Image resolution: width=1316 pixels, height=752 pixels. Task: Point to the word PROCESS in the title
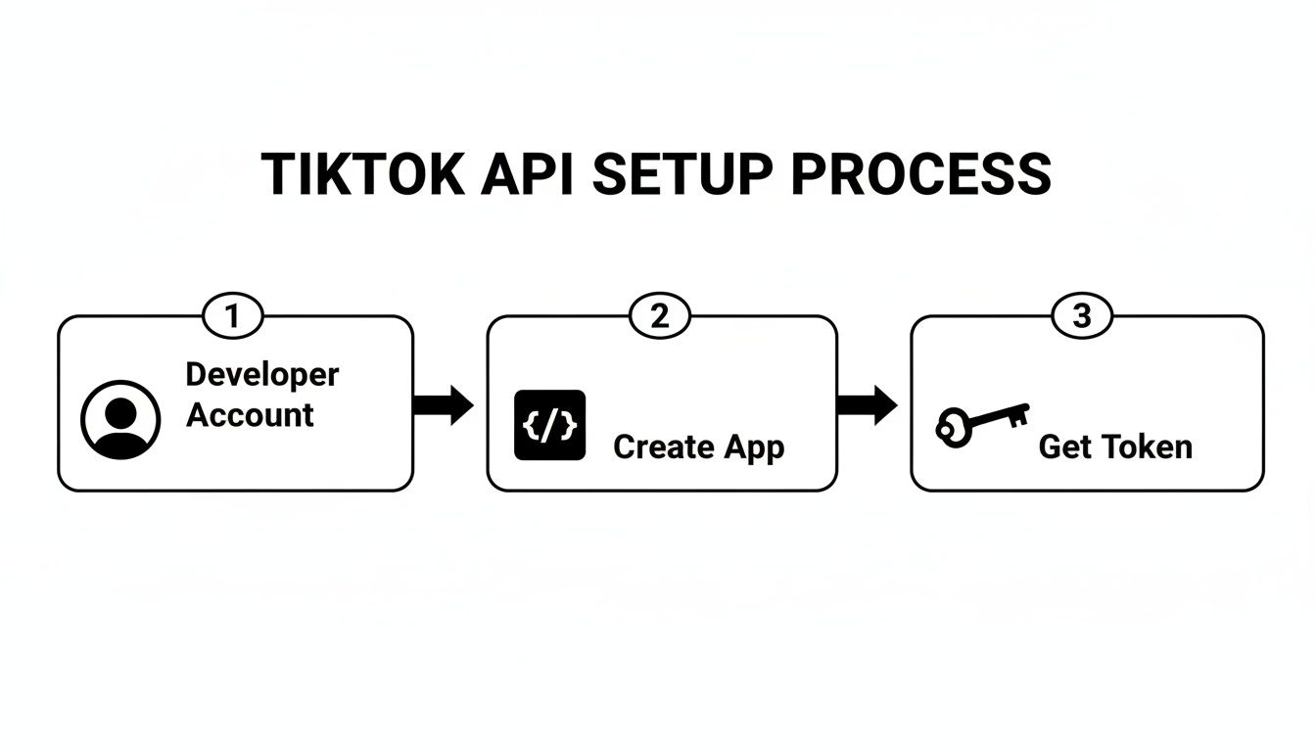coord(920,175)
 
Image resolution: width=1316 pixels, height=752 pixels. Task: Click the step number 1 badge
coord(233,316)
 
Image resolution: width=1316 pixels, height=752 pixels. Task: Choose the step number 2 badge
coord(659,316)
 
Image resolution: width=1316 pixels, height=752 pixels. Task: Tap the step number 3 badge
coord(1082,316)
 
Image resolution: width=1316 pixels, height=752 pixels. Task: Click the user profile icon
coord(119,420)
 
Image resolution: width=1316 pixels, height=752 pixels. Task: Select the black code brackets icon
coord(549,426)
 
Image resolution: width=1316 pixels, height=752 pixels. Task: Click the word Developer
coord(262,375)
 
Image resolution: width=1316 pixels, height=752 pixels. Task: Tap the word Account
coord(250,415)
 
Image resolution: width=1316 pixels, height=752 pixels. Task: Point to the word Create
coord(663,447)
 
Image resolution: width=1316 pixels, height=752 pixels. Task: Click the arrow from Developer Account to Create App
coord(444,404)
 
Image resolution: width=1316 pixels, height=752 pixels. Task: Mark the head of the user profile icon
coord(119,410)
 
